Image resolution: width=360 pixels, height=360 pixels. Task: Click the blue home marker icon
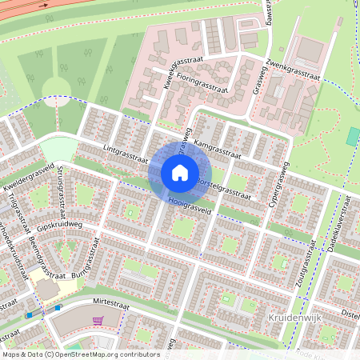180,173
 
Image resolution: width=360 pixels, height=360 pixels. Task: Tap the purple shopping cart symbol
98,320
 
